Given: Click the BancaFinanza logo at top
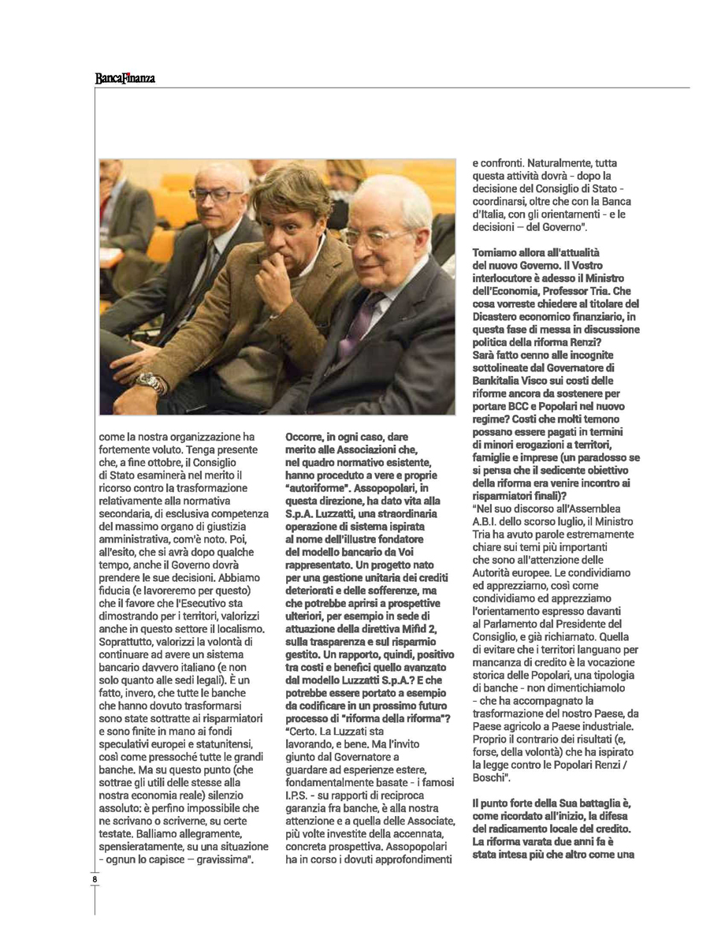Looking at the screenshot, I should [x=125, y=78].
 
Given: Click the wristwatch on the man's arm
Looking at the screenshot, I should [x=151, y=382].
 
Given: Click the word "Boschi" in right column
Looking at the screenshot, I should [x=493, y=777].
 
